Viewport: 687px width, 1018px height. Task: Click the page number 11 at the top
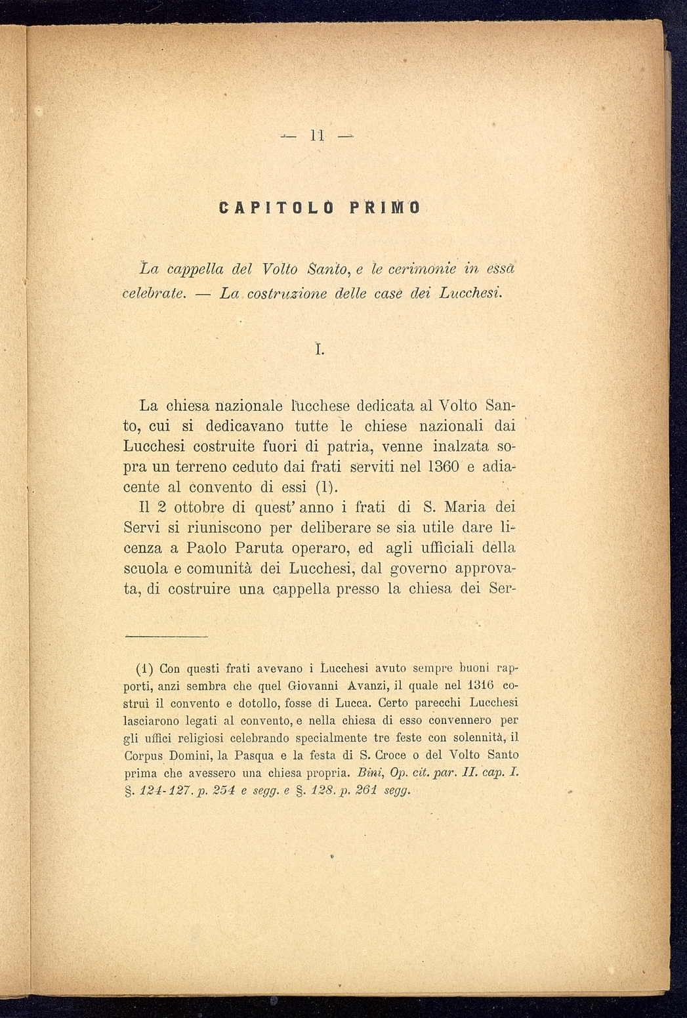317,137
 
